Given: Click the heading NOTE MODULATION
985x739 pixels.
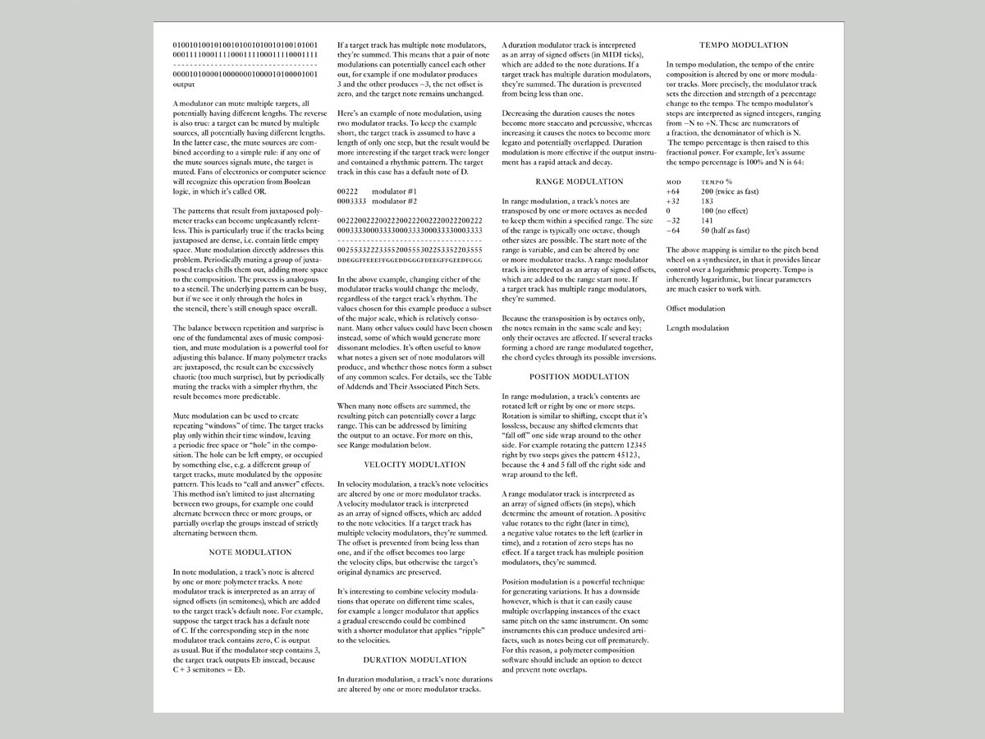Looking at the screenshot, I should click(250, 552).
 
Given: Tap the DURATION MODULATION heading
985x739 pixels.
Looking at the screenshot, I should click(414, 659).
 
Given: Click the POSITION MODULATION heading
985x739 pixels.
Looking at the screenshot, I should click(579, 376).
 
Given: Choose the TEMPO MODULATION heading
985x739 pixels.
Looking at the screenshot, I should click(743, 45).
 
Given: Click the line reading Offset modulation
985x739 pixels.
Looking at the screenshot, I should click(695, 309).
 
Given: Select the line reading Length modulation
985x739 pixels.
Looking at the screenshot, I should click(697, 328).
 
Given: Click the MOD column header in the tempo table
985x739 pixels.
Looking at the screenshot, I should click(674, 181).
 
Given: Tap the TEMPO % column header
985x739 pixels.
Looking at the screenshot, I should click(717, 181).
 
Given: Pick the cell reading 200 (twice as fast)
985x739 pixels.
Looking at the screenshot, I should click(730, 191).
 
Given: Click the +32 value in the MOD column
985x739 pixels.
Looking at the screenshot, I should click(674, 201).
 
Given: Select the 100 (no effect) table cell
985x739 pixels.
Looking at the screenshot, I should click(726, 211).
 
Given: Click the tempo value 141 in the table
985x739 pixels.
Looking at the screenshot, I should click(707, 221).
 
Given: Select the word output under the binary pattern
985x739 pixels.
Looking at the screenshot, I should click(184, 84).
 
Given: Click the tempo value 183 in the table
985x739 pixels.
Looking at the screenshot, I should click(707, 201).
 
